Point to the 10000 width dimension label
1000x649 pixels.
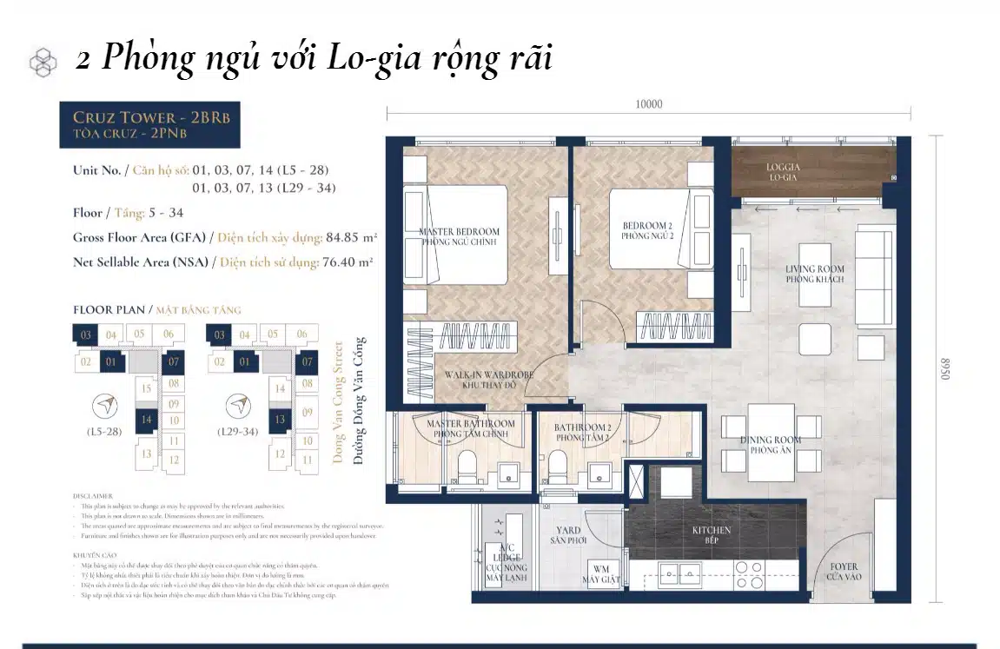[648, 104]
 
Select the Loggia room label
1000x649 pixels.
[783, 171]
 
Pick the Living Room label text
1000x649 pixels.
[814, 274]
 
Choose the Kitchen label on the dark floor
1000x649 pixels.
[711, 534]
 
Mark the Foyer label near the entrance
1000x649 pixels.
[844, 572]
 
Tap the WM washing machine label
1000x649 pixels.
[601, 574]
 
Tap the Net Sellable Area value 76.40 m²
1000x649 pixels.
[347, 261]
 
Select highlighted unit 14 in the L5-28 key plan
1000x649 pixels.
[146, 419]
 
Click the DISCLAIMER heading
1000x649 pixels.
[93, 496]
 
